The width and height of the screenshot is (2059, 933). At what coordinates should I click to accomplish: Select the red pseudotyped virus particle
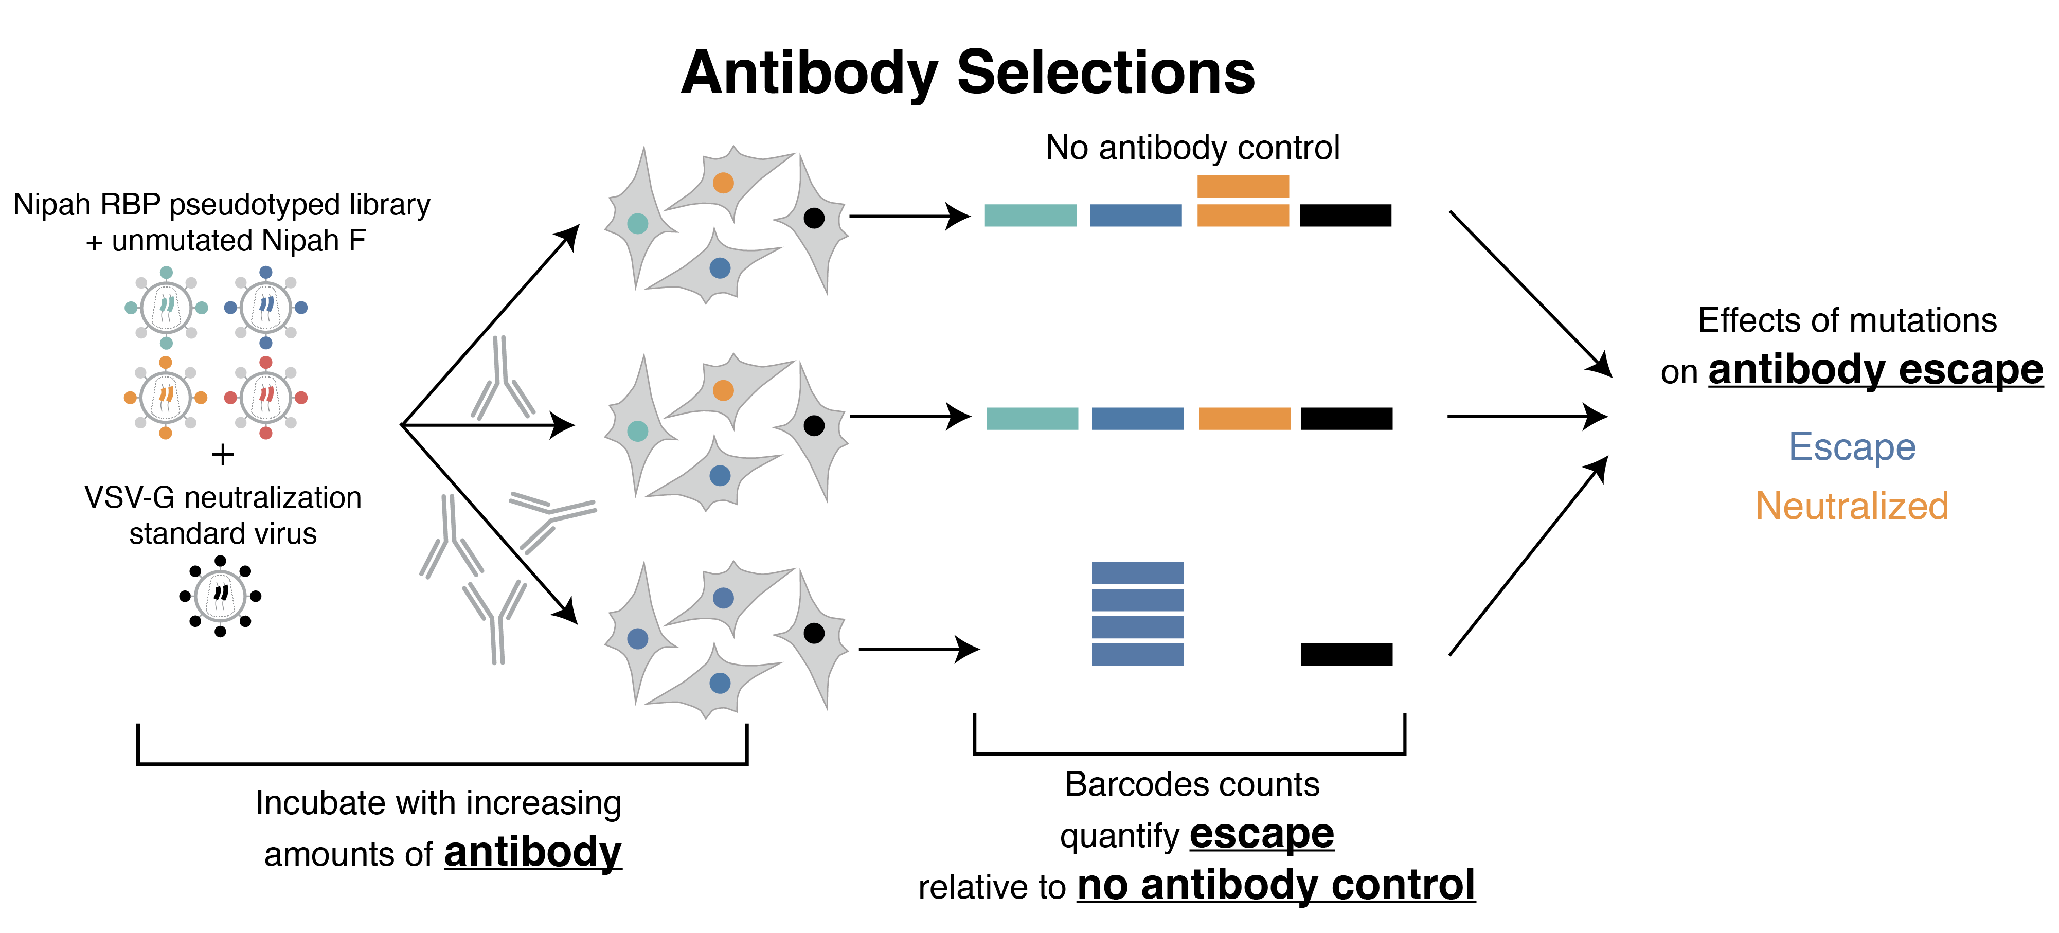coord(265,398)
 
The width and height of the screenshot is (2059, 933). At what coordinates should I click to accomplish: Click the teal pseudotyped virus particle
coord(166,308)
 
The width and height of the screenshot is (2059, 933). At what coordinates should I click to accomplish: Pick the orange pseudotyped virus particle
coord(166,398)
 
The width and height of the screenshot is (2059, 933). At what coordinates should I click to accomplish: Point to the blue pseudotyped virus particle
coord(265,308)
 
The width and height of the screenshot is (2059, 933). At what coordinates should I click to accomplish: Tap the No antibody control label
coord(1192,148)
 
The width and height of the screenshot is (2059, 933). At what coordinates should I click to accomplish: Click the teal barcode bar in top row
coord(1030,215)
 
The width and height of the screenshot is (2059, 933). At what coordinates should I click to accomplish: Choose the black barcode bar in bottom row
coord(1346,654)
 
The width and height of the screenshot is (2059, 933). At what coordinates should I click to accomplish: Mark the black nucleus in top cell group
coord(814,218)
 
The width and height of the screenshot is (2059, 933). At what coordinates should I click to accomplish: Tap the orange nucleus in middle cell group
coord(723,390)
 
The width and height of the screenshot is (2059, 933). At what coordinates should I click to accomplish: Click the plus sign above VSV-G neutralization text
coord(222,455)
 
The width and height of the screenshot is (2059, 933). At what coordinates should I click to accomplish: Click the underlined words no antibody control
coord(1276,885)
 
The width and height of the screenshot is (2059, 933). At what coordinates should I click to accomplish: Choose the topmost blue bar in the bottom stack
coord(1137,572)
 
